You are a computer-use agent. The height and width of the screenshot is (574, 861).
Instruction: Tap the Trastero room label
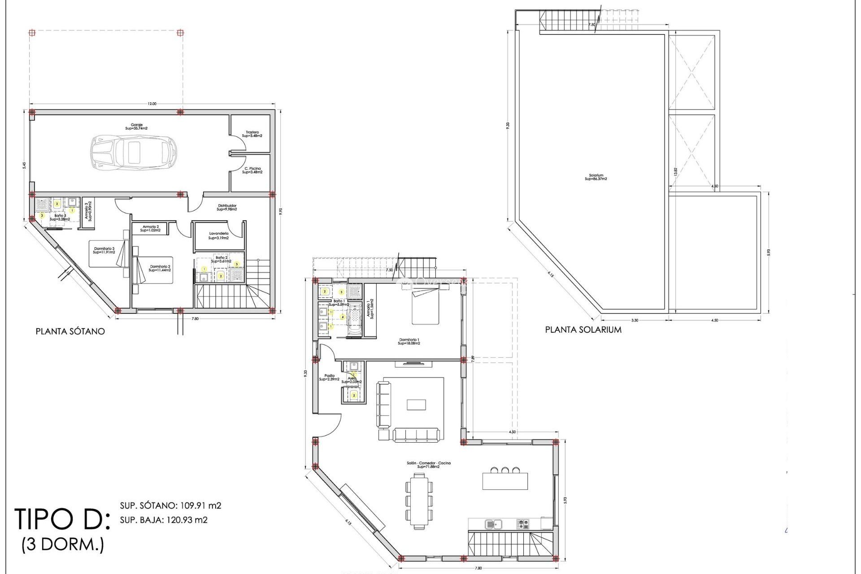(x=252, y=134)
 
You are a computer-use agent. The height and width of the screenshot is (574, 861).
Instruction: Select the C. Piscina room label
(x=252, y=170)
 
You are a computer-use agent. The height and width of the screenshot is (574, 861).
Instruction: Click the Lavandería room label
(x=218, y=235)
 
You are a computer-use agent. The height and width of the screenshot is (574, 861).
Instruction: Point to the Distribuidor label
(x=227, y=207)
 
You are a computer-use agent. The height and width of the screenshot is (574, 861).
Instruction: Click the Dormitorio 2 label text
(x=160, y=268)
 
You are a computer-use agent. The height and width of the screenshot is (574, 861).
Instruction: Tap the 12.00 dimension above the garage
(x=152, y=104)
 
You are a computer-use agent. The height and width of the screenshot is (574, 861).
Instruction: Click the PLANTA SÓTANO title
(x=70, y=331)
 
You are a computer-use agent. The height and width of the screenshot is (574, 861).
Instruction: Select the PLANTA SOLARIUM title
(x=583, y=330)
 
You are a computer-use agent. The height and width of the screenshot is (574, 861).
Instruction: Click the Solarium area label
(x=596, y=177)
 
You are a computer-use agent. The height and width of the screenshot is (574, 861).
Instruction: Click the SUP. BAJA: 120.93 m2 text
(x=164, y=520)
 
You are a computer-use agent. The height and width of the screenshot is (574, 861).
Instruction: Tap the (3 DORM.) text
(x=63, y=544)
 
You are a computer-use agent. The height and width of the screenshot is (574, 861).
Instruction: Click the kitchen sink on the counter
(x=493, y=523)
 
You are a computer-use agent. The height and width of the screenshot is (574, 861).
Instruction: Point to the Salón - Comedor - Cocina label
(x=428, y=465)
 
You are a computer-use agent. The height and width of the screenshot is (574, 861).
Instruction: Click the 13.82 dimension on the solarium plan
(x=675, y=171)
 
